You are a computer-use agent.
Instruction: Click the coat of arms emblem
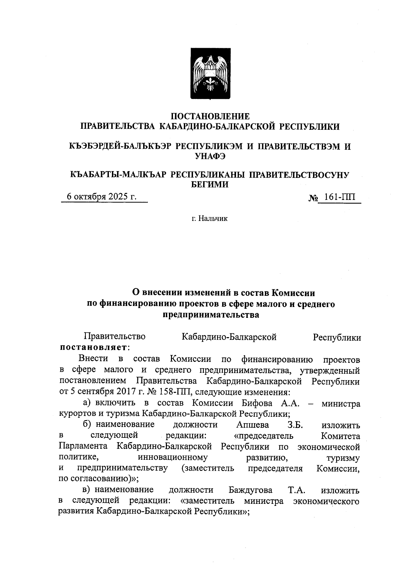tap(210, 74)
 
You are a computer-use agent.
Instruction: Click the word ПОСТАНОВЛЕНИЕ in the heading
tap(210, 117)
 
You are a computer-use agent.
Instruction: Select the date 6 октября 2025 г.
tap(101, 197)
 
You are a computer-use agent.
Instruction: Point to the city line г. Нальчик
tap(209, 219)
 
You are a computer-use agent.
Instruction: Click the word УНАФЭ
tap(210, 157)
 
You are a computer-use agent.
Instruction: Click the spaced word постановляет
tap(94, 348)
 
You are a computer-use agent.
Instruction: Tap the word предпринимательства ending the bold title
tap(211, 315)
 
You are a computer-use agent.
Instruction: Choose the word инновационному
tap(173, 457)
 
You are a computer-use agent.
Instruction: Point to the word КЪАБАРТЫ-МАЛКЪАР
tap(118, 175)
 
